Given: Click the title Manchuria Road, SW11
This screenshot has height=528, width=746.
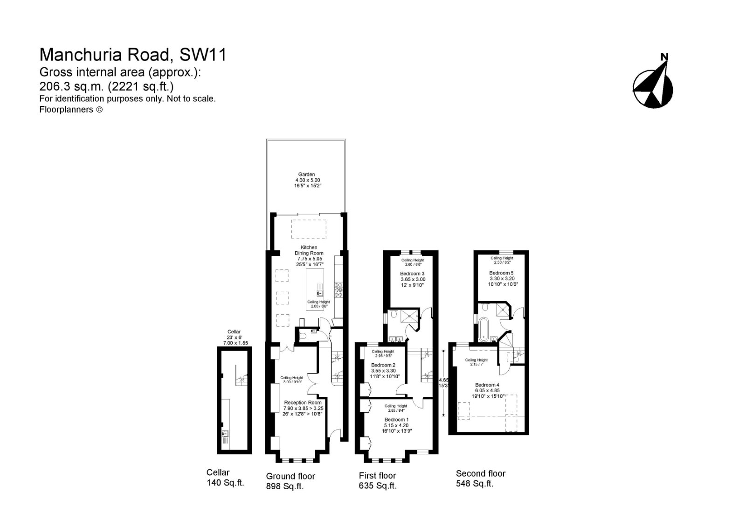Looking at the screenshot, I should click(x=133, y=55).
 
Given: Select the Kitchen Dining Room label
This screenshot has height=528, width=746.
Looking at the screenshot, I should click(x=309, y=250).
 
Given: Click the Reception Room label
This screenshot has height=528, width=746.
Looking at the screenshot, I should click(x=303, y=402).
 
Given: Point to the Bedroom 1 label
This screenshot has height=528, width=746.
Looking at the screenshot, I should click(x=396, y=420).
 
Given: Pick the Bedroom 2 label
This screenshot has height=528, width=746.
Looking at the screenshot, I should click(x=383, y=365).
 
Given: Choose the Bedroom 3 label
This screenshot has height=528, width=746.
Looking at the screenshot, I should click(x=412, y=274).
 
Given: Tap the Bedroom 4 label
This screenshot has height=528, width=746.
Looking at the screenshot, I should click(x=487, y=385).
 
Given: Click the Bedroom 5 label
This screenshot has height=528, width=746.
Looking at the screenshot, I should click(x=501, y=273).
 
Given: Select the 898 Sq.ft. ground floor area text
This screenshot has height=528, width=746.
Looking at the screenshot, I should click(x=284, y=486).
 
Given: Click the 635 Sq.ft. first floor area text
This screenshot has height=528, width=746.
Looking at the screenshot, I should click(x=378, y=486).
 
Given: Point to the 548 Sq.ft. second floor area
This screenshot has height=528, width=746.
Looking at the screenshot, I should click(x=475, y=484).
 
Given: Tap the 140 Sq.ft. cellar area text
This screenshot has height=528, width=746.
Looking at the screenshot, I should click(x=226, y=483).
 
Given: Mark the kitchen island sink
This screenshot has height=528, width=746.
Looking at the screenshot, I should click(x=321, y=294).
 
